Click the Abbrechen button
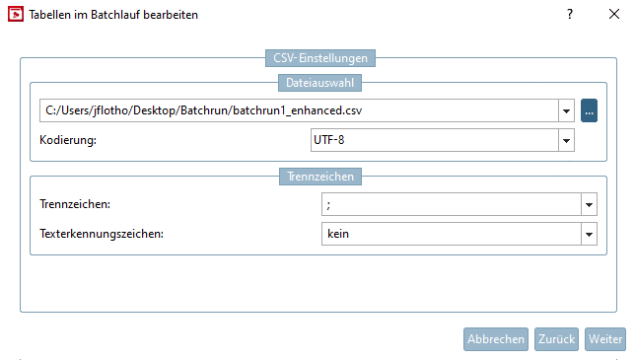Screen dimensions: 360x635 point(496,338)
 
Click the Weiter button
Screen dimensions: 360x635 point(605,338)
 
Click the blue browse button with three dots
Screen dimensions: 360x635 point(590,110)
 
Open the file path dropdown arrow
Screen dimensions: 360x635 point(567,110)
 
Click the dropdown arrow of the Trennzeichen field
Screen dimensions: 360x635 point(589,204)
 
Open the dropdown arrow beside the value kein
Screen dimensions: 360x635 point(589,234)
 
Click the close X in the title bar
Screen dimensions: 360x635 point(612,15)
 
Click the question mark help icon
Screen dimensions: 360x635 point(569,15)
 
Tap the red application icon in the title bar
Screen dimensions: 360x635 point(14,15)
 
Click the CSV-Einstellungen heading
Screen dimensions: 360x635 point(321,59)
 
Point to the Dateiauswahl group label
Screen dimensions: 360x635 point(321,83)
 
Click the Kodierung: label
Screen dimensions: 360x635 point(69,141)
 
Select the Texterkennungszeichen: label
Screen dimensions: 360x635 point(101,234)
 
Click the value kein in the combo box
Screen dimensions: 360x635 point(339,234)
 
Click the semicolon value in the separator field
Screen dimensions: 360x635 point(328,204)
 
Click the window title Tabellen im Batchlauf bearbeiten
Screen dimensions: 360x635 point(114,15)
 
